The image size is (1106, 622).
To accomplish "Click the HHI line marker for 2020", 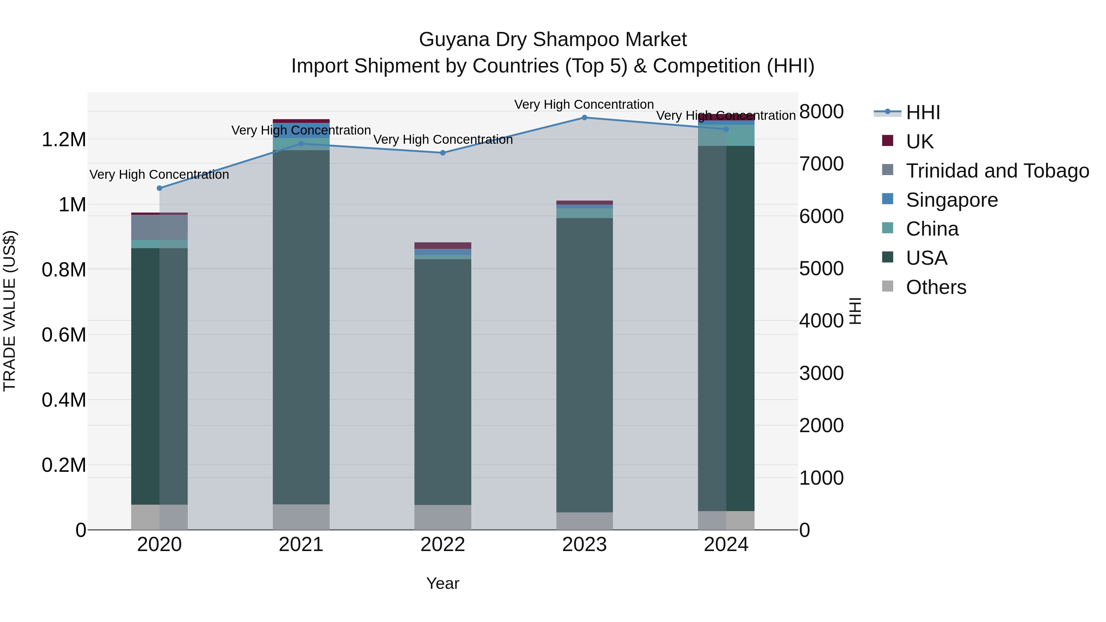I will pyautogui.click(x=159, y=188).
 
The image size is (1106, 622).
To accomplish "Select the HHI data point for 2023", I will pyautogui.click(x=584, y=118).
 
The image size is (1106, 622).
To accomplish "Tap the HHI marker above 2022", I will pyautogui.click(x=443, y=153).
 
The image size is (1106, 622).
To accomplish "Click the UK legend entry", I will pyautogui.click(x=919, y=141).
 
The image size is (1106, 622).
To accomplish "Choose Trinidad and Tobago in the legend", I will pyautogui.click(x=997, y=170).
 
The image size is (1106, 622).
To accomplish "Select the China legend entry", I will pyautogui.click(x=932, y=229).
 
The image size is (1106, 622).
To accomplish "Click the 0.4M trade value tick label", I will pyautogui.click(x=64, y=400).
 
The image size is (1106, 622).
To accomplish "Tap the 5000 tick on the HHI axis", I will pyautogui.click(x=821, y=269).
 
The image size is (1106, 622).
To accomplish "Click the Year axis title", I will pyautogui.click(x=443, y=583).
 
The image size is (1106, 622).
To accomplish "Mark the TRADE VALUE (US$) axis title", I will pyautogui.click(x=10, y=311).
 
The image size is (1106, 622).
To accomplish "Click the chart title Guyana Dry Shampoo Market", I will pyautogui.click(x=553, y=40).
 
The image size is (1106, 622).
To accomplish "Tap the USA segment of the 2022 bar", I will pyautogui.click(x=443, y=382).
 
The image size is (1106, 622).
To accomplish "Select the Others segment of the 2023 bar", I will pyautogui.click(x=584, y=521).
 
